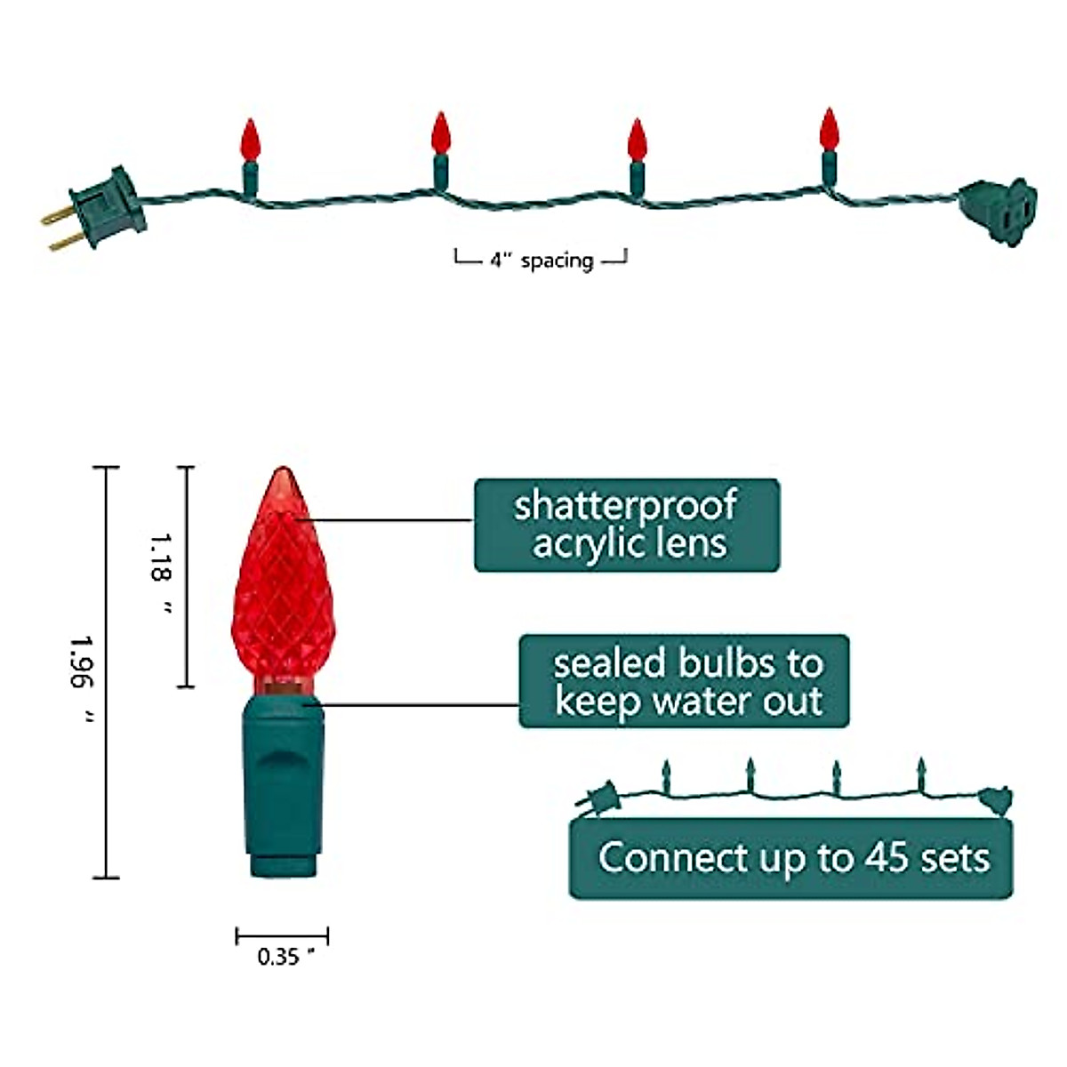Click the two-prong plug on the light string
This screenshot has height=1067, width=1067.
103,207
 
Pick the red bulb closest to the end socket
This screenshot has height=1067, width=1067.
829,130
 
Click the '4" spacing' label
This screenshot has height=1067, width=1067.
542,261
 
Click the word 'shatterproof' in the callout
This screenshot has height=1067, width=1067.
625,505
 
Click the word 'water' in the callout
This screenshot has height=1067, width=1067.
700,702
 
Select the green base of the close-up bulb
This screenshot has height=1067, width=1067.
282,782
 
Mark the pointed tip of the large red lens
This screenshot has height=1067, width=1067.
283,471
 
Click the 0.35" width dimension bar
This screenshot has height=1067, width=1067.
282,936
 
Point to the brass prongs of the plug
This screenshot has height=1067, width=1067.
59,227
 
